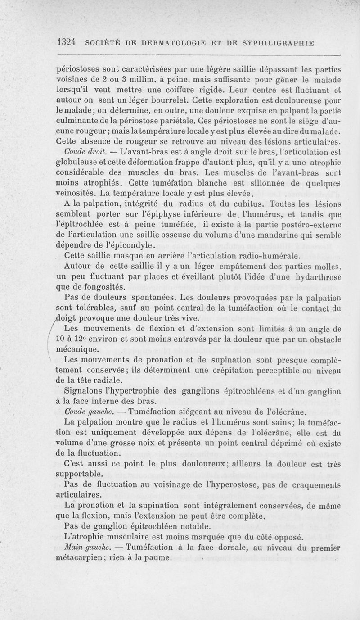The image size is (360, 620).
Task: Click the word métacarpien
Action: (x=82, y=559)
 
